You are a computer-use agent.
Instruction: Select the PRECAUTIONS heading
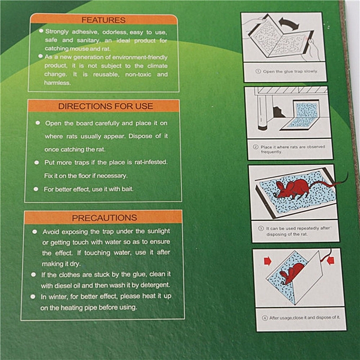[104, 218]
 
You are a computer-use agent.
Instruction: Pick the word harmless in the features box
[57, 83]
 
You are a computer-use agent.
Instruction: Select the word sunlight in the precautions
[153, 232]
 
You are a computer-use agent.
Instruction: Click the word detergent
[154, 285]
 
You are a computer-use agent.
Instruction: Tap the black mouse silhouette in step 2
[280, 111]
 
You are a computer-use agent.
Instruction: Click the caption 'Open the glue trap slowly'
[290, 71]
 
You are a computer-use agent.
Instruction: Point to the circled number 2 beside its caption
[255, 147]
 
